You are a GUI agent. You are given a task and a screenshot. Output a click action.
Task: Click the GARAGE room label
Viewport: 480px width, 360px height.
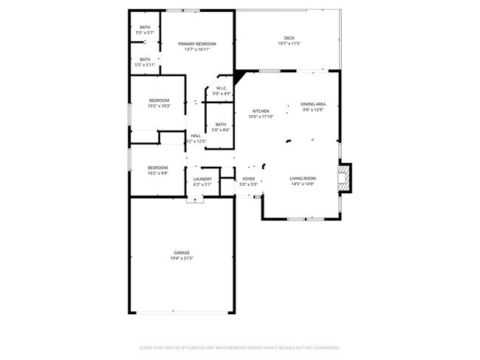182,252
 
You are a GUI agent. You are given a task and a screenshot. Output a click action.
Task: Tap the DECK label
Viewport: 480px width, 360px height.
289,38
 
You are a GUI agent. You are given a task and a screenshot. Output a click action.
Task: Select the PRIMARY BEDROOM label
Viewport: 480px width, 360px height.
197,44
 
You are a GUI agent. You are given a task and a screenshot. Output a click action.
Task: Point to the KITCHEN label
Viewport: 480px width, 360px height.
261,111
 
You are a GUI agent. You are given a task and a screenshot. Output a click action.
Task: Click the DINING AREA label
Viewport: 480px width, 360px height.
313,104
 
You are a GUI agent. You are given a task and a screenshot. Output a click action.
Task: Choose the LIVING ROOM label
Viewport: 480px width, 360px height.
303,179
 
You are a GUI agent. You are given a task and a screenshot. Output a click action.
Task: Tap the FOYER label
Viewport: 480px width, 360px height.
249,179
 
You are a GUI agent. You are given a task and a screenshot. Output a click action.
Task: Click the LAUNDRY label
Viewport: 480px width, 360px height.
202,179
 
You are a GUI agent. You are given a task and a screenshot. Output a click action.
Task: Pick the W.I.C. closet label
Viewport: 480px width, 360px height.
222,89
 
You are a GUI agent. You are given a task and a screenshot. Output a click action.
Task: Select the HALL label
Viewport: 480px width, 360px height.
196,136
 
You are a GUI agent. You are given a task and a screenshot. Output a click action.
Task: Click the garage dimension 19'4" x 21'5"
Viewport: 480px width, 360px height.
182,258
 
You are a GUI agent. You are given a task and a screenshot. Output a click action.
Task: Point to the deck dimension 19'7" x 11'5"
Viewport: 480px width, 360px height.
289,44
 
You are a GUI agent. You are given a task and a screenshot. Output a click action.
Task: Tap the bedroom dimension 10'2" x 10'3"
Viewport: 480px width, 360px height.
159,106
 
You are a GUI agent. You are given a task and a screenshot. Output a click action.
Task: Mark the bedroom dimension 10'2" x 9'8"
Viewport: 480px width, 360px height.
158,173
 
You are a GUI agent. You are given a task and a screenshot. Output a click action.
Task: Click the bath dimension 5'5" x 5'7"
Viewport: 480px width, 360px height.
145,33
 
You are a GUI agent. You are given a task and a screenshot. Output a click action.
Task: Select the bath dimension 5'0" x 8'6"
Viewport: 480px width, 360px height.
221,130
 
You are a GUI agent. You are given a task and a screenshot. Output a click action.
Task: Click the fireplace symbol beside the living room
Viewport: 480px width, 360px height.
343,178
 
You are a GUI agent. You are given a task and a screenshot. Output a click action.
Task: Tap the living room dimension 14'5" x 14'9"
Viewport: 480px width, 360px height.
303,184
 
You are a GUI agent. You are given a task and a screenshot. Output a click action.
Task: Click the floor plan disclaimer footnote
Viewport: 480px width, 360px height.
240,347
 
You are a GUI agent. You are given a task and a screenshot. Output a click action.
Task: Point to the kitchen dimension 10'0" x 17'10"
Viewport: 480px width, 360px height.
261,117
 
